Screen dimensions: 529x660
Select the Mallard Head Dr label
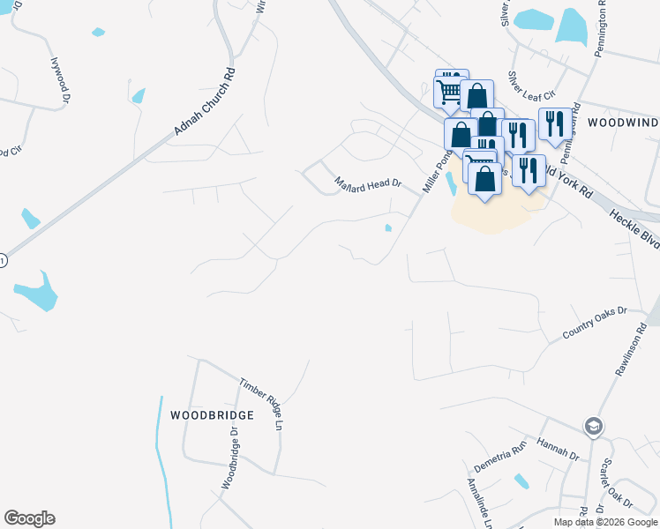368,184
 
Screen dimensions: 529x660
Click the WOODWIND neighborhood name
623,123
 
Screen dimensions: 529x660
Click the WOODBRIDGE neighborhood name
213,414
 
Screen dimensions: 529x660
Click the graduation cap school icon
594,427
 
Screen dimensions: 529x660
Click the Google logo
29,518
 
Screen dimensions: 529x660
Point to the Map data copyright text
605,522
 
